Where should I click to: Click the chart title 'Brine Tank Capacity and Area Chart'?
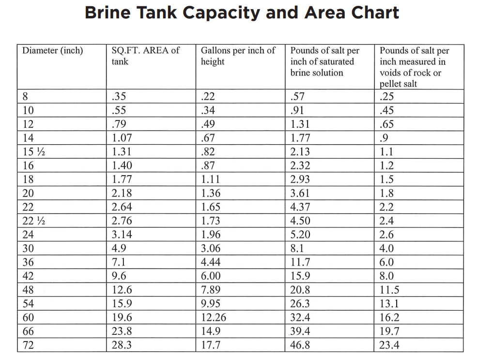click(242, 13)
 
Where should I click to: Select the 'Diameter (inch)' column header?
click(53, 51)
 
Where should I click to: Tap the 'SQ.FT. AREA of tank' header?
click(145, 56)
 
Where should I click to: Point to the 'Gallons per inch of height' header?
click(238, 56)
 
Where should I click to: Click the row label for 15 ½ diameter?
click(34, 151)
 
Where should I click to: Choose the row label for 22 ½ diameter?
click(34, 221)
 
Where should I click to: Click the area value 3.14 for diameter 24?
click(122, 235)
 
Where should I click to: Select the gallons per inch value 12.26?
click(214, 318)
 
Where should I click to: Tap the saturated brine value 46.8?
click(300, 345)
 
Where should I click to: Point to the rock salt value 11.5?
click(390, 290)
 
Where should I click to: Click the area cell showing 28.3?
click(122, 345)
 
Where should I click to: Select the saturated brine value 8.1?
click(298, 249)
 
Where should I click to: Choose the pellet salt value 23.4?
click(390, 345)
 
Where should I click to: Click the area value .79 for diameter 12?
click(119, 124)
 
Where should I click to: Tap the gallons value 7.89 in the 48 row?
click(211, 290)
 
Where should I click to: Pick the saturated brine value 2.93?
click(300, 180)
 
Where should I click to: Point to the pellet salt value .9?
click(384, 138)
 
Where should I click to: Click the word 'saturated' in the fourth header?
click(334, 62)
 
